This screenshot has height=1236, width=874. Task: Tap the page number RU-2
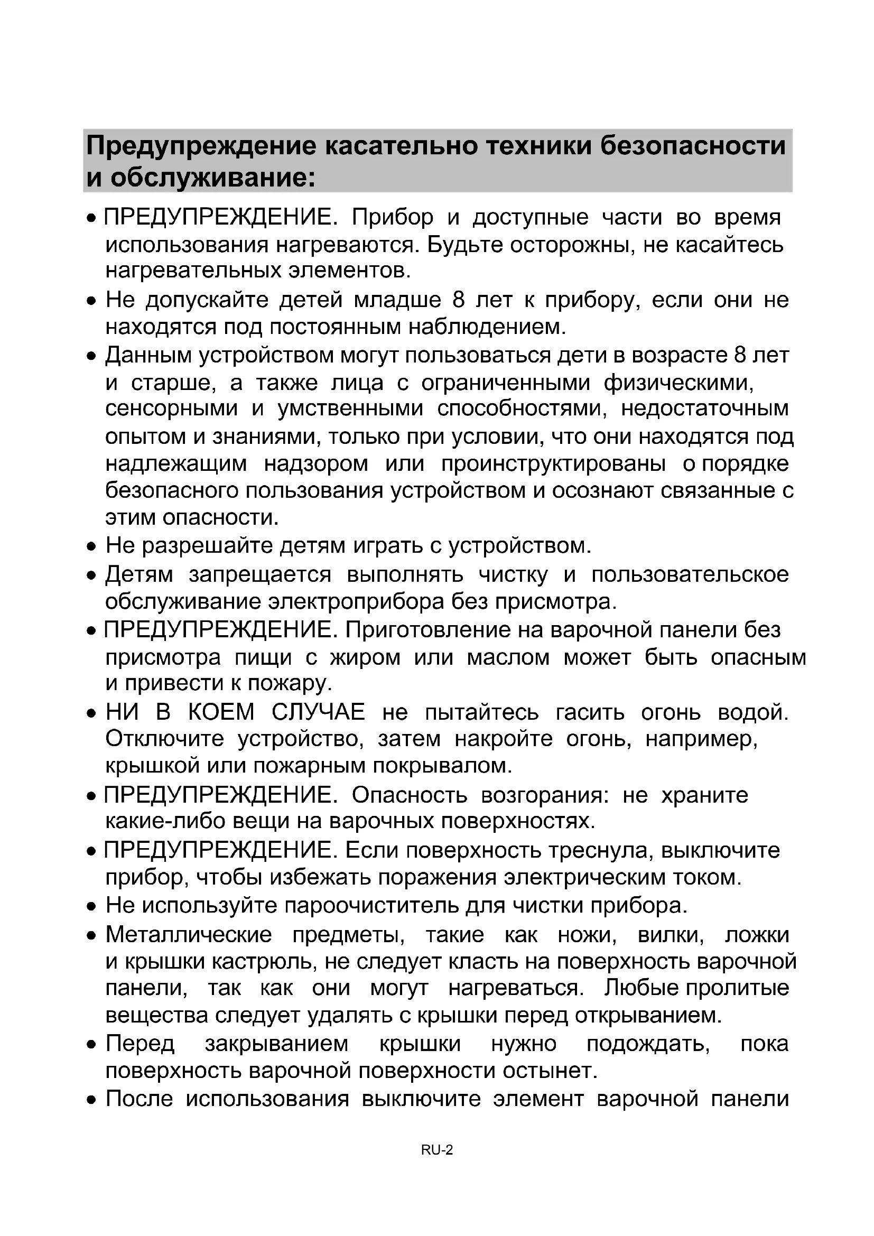coord(436,1150)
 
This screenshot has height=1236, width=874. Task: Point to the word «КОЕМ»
coord(221,712)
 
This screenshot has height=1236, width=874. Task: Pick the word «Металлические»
coord(188,935)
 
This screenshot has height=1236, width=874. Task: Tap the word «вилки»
coord(671,935)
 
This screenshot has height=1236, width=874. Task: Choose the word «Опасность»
coord(410,795)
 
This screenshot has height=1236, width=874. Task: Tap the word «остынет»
coord(550,1071)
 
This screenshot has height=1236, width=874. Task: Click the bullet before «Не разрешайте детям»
coord(91,547)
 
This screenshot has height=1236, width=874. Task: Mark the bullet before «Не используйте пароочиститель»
coord(91,907)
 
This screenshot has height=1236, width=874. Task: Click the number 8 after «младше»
coord(459,299)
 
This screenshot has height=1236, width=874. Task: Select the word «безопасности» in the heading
coord(693,146)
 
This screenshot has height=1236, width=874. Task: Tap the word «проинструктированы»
coord(553,463)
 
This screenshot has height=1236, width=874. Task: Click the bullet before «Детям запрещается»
coord(91,576)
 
